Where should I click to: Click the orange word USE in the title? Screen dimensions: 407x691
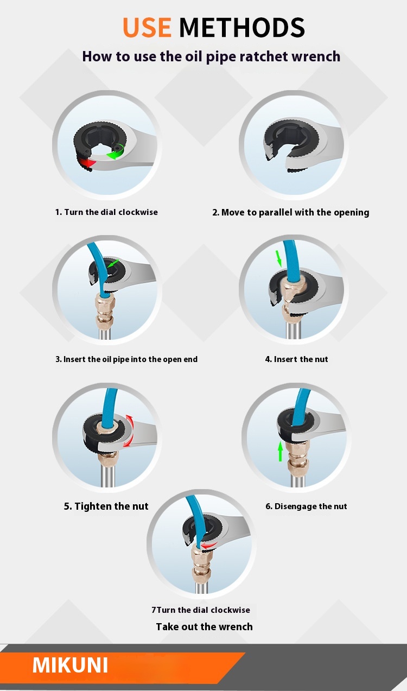pos(147,27)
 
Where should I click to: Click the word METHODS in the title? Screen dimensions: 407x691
pos(242,27)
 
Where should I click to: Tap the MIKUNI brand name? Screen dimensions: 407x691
pos(71,665)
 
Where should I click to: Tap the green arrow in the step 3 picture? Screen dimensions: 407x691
pos(113,263)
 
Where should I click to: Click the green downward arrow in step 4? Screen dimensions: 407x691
pos(279,258)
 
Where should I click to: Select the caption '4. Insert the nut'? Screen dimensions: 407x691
pos(297,359)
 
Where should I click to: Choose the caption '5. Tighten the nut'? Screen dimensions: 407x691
pos(106,506)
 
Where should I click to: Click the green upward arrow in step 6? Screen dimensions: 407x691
pos(280,451)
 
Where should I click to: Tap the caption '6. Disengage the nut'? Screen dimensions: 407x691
pos(306,506)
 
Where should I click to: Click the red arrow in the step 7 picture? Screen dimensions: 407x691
pos(209,546)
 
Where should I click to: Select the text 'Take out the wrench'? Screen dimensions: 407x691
pos(204,626)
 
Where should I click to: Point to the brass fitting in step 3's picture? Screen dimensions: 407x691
pos(105,311)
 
